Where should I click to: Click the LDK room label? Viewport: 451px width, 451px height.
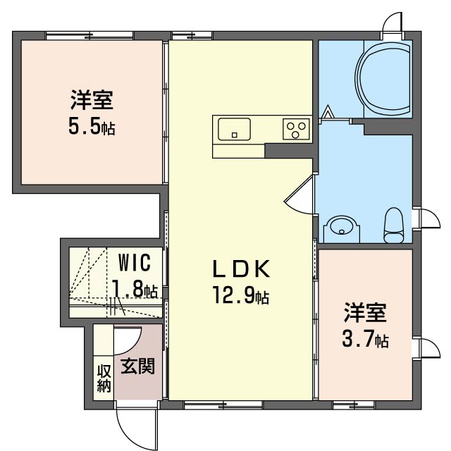241,268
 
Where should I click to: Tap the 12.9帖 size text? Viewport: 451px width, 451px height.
241,295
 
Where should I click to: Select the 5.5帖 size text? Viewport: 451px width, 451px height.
92,127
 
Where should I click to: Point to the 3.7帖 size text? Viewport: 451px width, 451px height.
365,340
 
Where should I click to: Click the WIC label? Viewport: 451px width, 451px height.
135,262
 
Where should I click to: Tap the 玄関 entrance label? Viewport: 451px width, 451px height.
138,366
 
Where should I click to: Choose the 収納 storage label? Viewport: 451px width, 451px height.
104,378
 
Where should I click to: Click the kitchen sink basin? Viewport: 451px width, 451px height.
234,129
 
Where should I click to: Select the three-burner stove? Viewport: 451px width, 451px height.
296,130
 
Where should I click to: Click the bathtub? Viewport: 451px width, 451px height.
383,79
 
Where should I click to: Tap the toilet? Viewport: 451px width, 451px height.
394,225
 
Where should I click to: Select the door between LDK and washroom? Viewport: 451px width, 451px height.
299,196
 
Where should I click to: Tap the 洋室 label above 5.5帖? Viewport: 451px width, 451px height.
92,100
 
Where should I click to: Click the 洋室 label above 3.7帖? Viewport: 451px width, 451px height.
365,313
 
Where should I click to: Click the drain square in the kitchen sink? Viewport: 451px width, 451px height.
235,135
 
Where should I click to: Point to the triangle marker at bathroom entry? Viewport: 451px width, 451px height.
328,112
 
